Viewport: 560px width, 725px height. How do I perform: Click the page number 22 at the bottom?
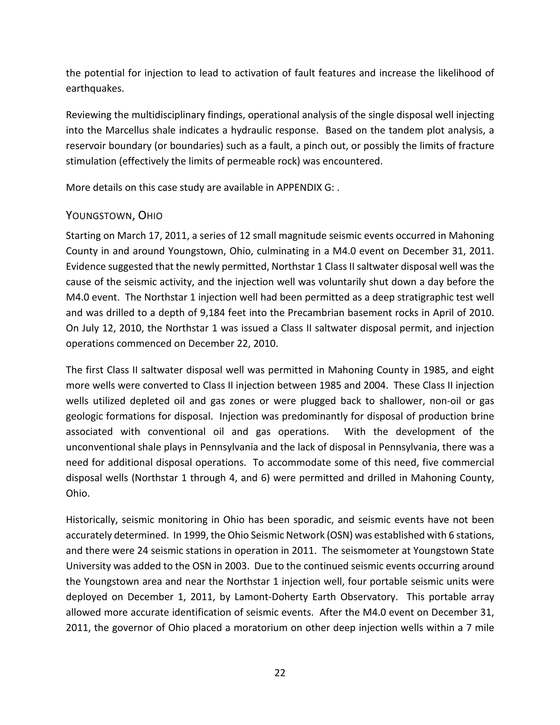point(280,672)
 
